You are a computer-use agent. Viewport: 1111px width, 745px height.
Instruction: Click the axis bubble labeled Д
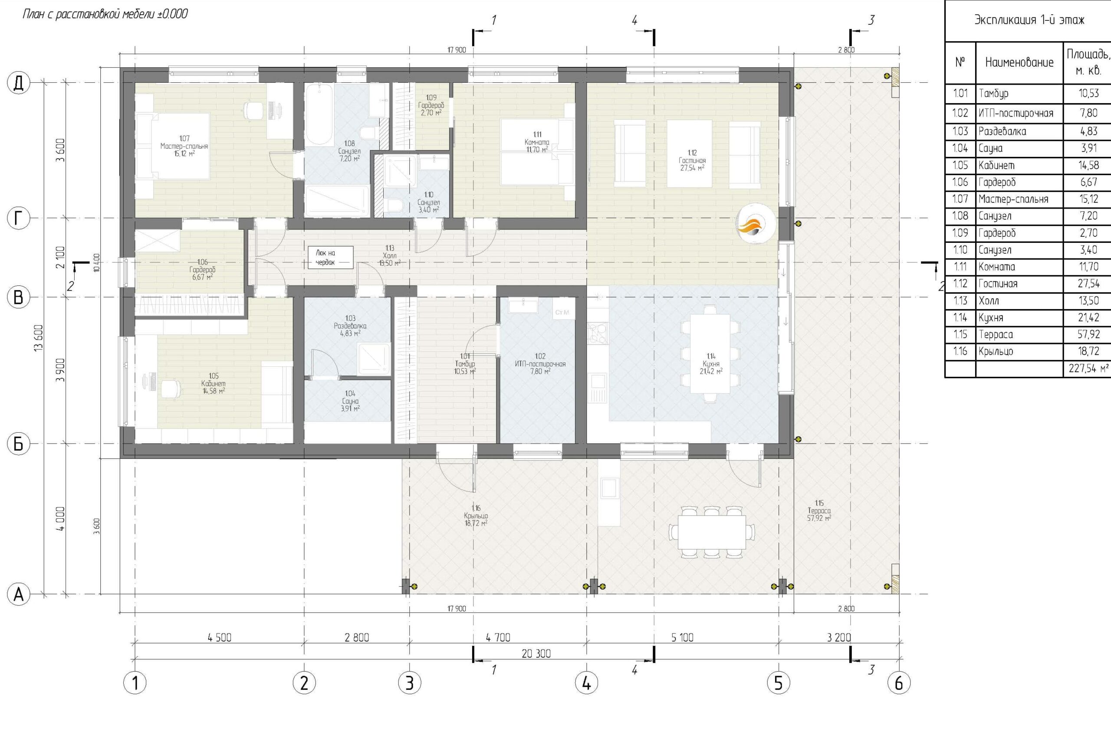coord(19,83)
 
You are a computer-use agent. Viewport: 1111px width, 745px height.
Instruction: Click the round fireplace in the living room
coord(756,223)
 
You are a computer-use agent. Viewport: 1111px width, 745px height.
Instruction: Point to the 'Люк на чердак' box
coord(330,257)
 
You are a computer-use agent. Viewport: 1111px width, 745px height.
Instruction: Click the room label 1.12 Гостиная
coord(692,160)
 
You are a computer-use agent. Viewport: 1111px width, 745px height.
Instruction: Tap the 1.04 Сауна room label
coord(350,401)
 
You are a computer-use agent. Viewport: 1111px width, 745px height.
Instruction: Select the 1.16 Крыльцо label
coord(476,516)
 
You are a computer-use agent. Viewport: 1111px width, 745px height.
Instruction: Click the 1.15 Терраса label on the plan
coord(819,510)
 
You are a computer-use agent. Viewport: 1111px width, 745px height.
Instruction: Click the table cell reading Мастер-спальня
coord(1013,199)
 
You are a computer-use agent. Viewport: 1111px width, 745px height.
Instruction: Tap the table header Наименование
coord(1019,62)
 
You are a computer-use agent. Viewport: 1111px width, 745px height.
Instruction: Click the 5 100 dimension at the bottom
coord(682,637)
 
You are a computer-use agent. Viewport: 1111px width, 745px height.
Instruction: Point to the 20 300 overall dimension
coord(536,654)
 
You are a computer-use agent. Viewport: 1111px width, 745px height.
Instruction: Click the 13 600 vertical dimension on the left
coord(39,338)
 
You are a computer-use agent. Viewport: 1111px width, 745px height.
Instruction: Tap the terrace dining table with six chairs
coord(712,532)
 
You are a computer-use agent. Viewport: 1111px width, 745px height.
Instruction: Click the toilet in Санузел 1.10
coord(395,206)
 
